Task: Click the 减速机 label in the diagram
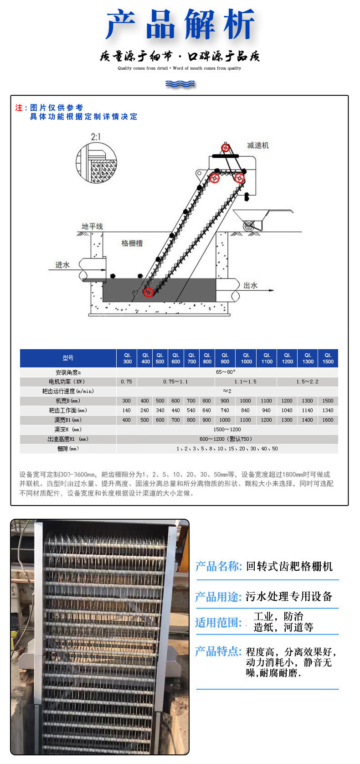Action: tap(258, 145)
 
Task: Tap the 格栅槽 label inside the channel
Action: tap(132, 243)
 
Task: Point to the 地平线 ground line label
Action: tap(92, 227)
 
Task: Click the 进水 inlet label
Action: tap(62, 265)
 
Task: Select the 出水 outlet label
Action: tap(250, 285)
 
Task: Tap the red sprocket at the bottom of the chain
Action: tap(148, 292)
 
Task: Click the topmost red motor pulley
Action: tap(225, 148)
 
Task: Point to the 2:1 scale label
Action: tap(96, 137)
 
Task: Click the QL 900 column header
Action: tap(225, 358)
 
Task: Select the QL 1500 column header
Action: tap(328, 358)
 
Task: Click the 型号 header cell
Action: tap(68, 358)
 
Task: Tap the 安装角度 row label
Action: tap(68, 372)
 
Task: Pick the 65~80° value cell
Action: tap(226, 372)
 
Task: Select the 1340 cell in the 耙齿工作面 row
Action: tap(328, 410)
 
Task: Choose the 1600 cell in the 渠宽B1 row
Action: tap(328, 420)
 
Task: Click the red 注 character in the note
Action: tap(19, 108)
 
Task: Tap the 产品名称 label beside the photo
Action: tap(218, 567)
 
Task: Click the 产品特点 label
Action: tap(218, 651)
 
